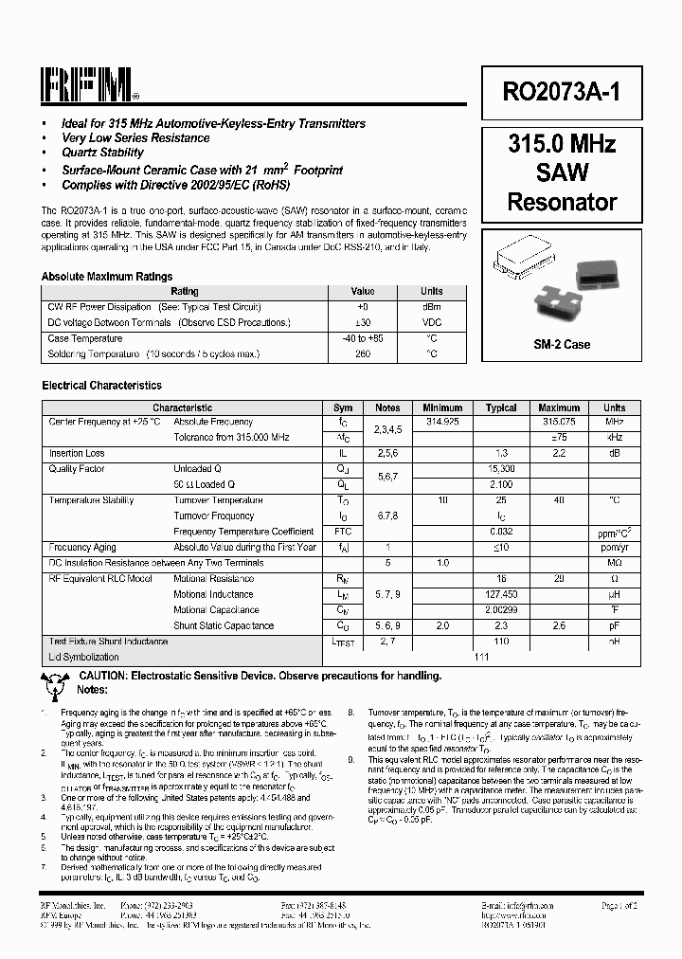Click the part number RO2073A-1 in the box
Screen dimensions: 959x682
click(x=562, y=92)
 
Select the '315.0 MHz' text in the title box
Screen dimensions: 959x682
click(x=562, y=144)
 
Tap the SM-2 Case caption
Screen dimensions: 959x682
click(x=562, y=344)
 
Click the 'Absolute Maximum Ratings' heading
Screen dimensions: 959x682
click(x=107, y=277)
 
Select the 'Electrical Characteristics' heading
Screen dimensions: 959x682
click(x=101, y=386)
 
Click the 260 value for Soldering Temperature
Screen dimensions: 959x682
click(x=363, y=353)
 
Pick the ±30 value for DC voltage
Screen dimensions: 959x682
click(x=363, y=323)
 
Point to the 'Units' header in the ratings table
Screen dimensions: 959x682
click(x=431, y=292)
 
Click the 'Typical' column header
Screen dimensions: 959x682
click(x=501, y=407)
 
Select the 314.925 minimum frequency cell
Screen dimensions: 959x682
click(x=442, y=422)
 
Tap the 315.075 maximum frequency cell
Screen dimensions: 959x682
click(x=559, y=422)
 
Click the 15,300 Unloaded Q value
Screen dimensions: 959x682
click(x=501, y=469)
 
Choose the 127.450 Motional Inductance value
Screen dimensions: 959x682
click(x=501, y=594)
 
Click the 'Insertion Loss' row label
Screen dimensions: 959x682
click(x=77, y=454)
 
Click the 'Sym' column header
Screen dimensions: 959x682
click(x=343, y=407)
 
